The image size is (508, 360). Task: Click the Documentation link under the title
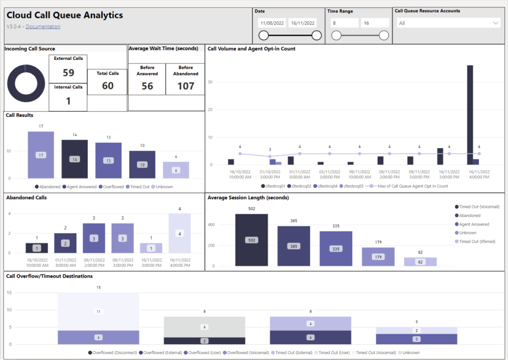tap(43, 27)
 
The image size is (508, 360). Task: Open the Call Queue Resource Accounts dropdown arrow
tap(496, 23)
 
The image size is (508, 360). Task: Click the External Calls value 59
tap(68, 73)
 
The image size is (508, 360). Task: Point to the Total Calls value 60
tap(108, 86)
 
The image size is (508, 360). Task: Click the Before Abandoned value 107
tap(186, 86)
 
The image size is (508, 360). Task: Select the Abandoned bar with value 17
tap(41, 155)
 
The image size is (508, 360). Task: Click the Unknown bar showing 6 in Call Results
tap(176, 170)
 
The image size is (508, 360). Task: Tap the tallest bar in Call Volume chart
tap(470, 115)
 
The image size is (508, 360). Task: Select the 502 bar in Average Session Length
tap(252, 240)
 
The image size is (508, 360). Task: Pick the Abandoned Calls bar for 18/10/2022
tap(36, 248)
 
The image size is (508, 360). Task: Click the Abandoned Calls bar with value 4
tap(180, 234)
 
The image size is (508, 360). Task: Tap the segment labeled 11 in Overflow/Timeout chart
tap(98, 311)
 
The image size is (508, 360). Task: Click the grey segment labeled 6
tap(204, 327)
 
